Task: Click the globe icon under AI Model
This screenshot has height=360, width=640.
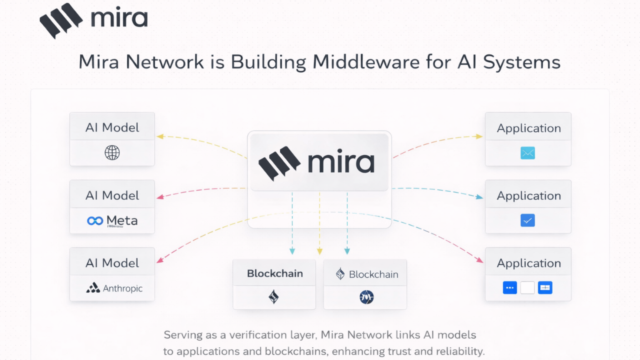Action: (x=112, y=152)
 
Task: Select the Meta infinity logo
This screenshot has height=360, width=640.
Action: (x=95, y=220)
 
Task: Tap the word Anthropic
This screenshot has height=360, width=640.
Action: (x=122, y=288)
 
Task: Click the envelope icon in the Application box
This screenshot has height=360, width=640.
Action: (x=527, y=152)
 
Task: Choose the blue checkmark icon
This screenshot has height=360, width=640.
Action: (x=527, y=220)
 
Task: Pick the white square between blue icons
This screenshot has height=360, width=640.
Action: (x=527, y=287)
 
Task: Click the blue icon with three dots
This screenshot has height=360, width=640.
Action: (x=509, y=287)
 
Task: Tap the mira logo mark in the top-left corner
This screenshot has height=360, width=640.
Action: (x=61, y=21)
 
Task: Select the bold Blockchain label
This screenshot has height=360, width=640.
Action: (x=274, y=273)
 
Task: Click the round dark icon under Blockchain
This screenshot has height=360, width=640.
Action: (x=366, y=297)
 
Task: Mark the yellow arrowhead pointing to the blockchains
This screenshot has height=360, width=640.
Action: (x=320, y=251)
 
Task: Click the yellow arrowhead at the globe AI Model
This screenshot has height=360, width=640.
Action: (x=160, y=136)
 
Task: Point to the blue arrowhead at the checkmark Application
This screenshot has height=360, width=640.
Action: (x=480, y=197)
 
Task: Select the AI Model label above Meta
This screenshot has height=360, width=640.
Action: (x=112, y=195)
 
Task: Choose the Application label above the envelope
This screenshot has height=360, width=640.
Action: (x=528, y=128)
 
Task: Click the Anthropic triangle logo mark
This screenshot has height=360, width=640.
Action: (x=93, y=288)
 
